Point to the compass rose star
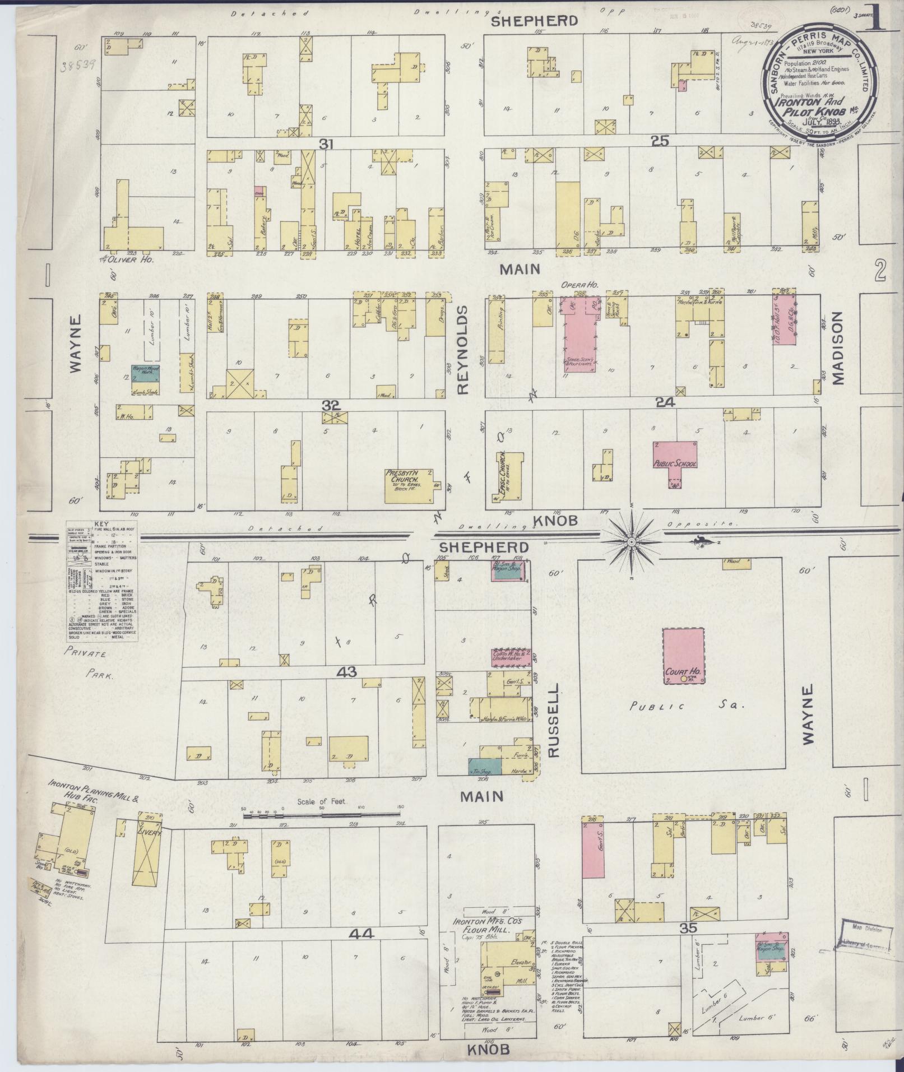(632, 542)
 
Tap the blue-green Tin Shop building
(480, 766)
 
